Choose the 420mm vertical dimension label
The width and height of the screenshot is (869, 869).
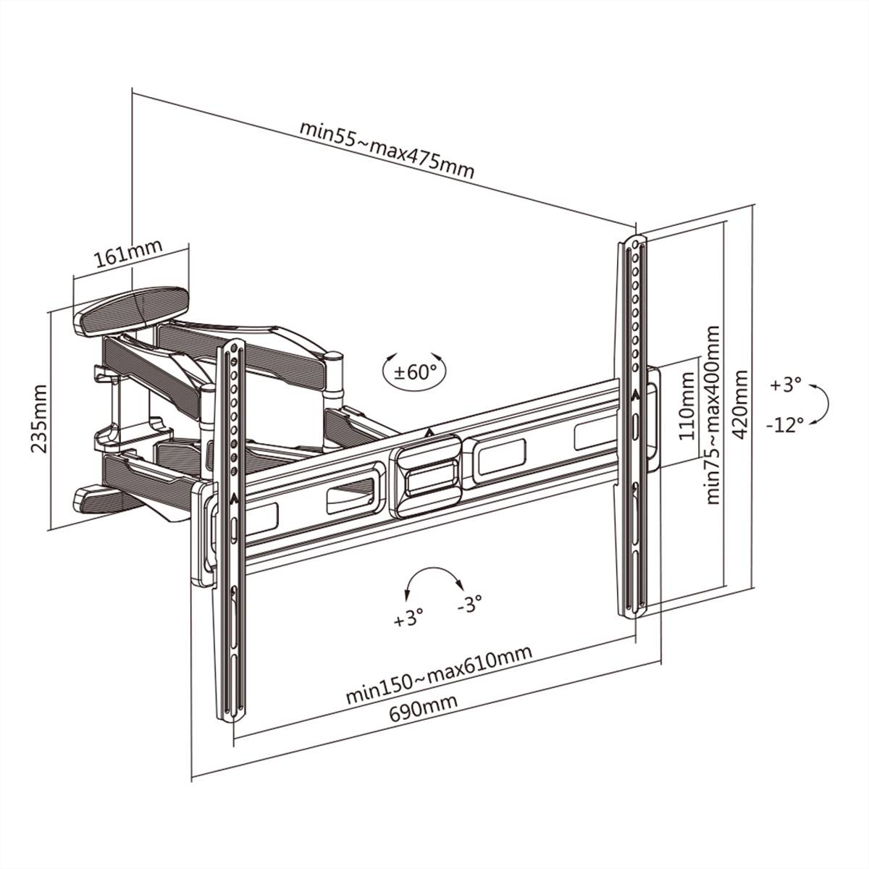741,405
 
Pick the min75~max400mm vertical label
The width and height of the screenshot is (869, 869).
713,414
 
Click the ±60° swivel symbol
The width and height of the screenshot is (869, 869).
414,372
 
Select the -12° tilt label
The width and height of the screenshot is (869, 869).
784,424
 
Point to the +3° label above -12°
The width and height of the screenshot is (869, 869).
786,384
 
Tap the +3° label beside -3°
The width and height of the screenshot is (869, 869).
408,619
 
